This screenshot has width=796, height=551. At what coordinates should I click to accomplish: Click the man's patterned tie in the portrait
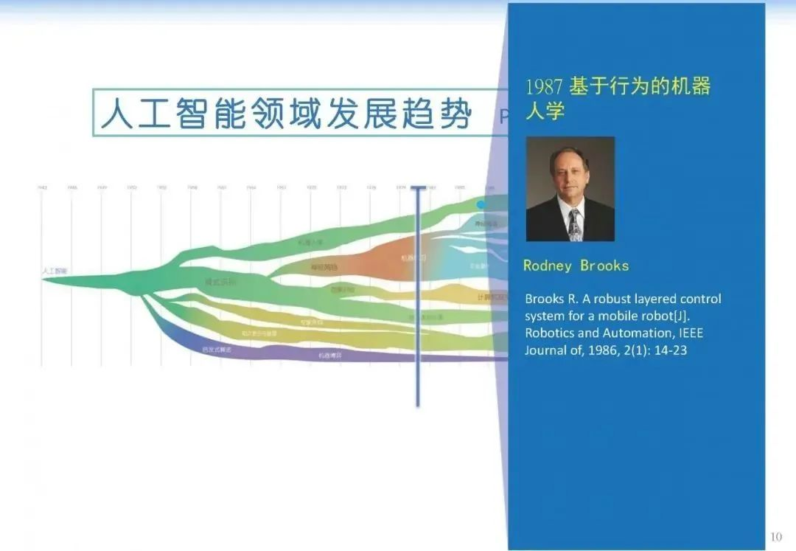575,224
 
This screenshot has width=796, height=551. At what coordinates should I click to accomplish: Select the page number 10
776,536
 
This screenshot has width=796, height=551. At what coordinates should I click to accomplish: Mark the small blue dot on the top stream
481,204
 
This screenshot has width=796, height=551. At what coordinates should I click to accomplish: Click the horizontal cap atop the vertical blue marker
418,187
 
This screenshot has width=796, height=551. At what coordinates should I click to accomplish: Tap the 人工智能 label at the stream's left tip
55,271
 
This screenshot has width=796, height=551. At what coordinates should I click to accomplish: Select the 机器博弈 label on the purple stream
329,356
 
